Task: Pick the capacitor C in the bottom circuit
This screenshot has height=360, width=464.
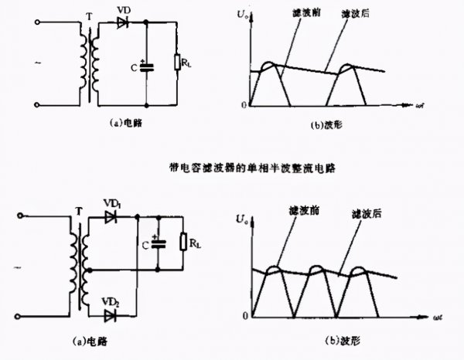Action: click(x=159, y=242)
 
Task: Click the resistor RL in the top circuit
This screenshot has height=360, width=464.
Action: click(x=179, y=63)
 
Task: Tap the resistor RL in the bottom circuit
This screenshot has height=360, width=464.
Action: click(x=184, y=242)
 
